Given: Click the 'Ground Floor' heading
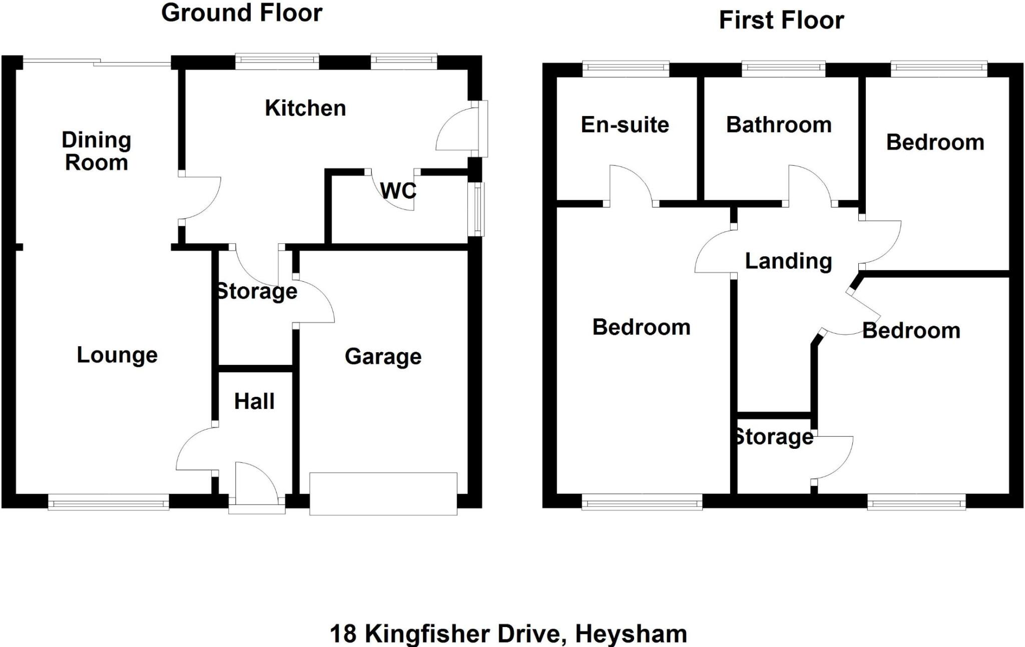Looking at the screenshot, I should pos(242,13).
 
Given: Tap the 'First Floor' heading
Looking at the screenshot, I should pos(781,21).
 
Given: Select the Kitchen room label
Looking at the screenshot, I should pos(305,108).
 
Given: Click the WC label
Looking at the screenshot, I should pos(398,191).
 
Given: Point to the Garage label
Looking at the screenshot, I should pos(383,357).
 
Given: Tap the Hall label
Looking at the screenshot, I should pos(254,401).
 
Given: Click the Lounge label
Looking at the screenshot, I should pos(117,355).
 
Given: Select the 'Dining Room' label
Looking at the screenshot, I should pos(96,151).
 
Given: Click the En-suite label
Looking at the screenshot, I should pos(625,125).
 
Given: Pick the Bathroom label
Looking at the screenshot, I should pos(779,125).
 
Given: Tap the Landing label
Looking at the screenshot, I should pos(788,261).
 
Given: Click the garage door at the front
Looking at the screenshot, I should pos(383,493).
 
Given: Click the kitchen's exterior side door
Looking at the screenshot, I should pos(482,129).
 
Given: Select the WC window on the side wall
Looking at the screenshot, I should pos(479,209).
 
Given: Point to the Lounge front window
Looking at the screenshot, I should pos(108,502).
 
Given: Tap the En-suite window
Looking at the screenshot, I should pos(626,69).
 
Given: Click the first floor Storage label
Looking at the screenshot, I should pos(773,437).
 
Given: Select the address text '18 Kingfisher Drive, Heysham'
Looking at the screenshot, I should pos(508,633).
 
